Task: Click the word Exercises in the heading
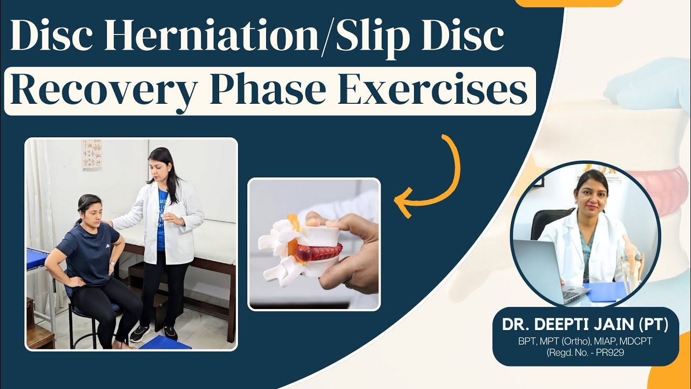pyautogui.click(x=431, y=91)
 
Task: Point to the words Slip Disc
pyautogui.click(x=418, y=38)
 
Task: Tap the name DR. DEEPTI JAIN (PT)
pyautogui.click(x=585, y=325)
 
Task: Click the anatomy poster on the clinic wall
pyautogui.click(x=92, y=155)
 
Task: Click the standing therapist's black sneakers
pyautogui.click(x=154, y=332)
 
